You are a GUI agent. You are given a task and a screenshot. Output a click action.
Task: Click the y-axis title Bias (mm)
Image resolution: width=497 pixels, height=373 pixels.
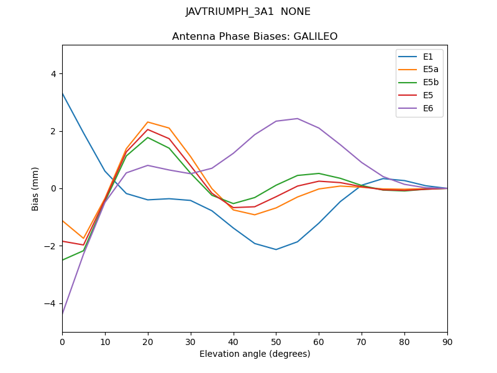[x=36, y=188]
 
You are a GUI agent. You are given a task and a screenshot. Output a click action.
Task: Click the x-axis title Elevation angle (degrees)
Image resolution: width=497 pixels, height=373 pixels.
[x=255, y=354]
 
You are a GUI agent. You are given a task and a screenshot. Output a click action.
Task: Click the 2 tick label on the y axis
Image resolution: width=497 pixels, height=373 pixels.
[x=53, y=131]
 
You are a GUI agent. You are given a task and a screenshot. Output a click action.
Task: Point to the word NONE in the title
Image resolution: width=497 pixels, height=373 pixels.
[x=296, y=12]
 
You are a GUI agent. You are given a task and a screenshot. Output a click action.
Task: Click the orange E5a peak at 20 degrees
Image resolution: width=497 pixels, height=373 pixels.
[x=148, y=122]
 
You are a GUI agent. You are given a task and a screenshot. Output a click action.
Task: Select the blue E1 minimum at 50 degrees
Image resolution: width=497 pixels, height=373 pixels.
[x=276, y=249]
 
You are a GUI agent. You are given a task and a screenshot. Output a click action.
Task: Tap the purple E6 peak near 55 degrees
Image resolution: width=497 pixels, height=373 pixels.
[x=298, y=119]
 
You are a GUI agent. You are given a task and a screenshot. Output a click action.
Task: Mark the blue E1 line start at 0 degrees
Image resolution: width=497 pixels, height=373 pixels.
[x=63, y=93]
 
